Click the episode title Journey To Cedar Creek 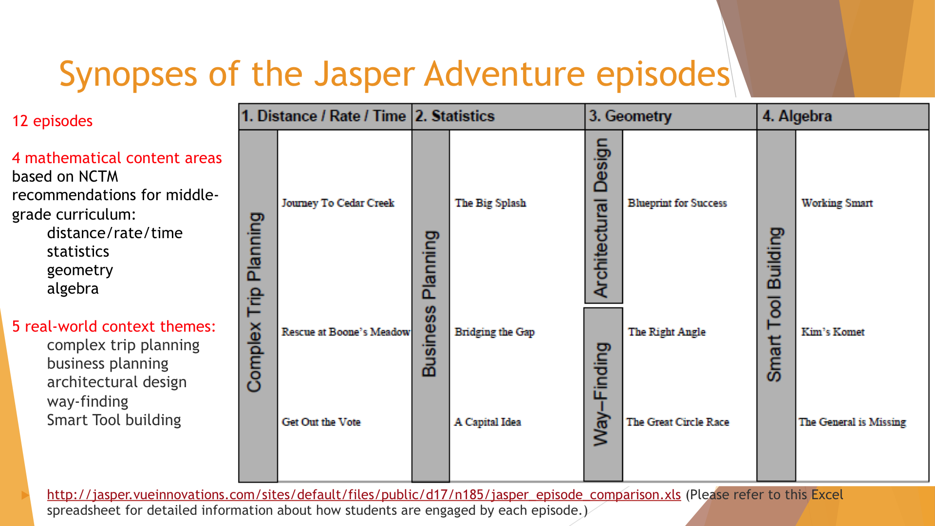(338, 203)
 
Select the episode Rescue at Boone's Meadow (346, 332)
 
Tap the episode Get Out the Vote (321, 422)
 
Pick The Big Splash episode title (490, 203)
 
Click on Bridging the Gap (495, 332)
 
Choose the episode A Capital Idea (488, 422)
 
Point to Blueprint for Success (677, 203)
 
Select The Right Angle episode (667, 332)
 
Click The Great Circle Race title (678, 422)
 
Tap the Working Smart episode (837, 203)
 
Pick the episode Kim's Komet (833, 332)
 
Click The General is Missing (852, 422)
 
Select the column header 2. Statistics (455, 116)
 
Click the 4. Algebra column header (797, 116)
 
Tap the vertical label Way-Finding (602, 394)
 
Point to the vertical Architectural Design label (601, 218)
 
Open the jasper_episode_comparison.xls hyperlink (364, 495)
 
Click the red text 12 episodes (52, 121)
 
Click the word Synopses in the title (128, 74)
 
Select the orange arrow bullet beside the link (26, 495)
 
